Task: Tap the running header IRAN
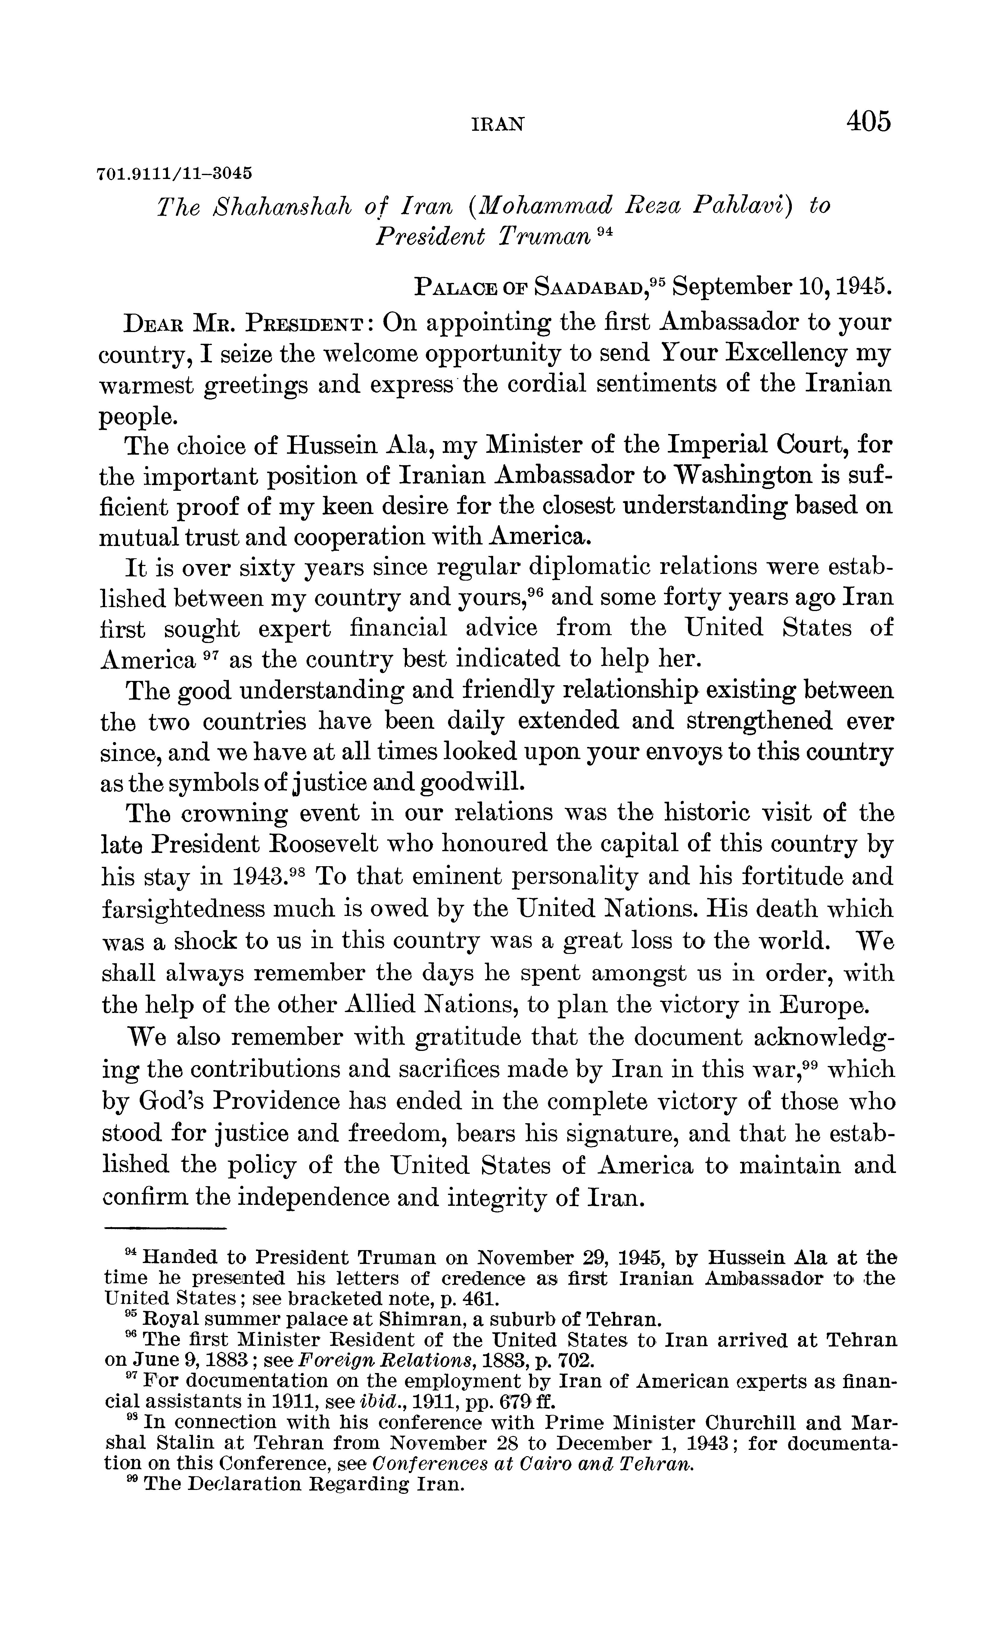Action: (498, 124)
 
